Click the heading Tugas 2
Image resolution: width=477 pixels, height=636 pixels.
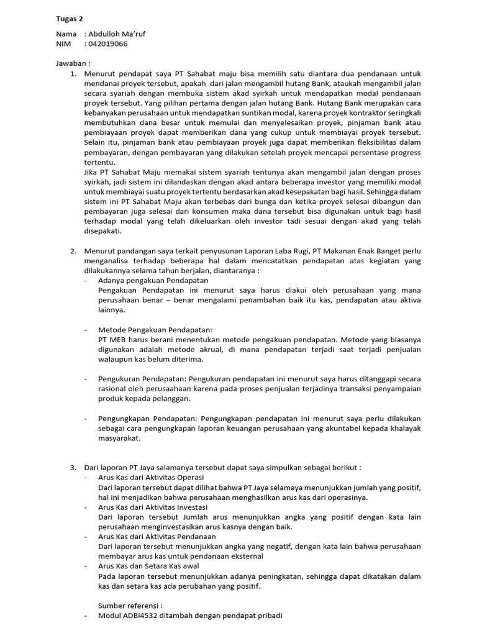click(x=70, y=19)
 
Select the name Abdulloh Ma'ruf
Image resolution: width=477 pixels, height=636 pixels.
click(x=119, y=34)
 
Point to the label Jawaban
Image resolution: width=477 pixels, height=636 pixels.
click(x=73, y=63)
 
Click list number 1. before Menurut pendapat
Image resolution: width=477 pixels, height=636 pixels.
click(x=73, y=74)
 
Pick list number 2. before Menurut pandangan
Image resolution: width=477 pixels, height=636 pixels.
click(x=73, y=251)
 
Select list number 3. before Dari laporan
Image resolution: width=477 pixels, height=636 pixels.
click(x=73, y=467)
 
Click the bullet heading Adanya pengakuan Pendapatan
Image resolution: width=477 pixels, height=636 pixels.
click(x=144, y=281)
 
